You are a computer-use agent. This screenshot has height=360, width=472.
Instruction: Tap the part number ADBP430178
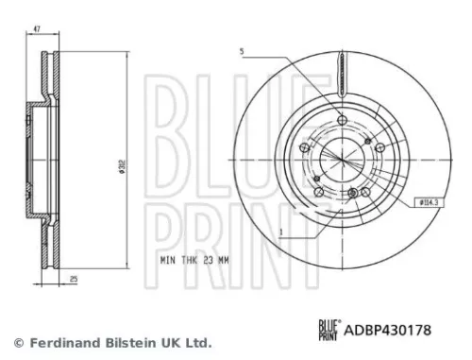[x=388, y=330]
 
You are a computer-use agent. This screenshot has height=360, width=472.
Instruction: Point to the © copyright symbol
[x=16, y=341]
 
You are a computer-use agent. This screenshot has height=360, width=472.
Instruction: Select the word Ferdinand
[x=60, y=341]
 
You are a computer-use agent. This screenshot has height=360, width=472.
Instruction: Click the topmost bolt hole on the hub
[x=341, y=120]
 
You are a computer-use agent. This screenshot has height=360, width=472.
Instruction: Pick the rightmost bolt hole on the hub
[x=378, y=147]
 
